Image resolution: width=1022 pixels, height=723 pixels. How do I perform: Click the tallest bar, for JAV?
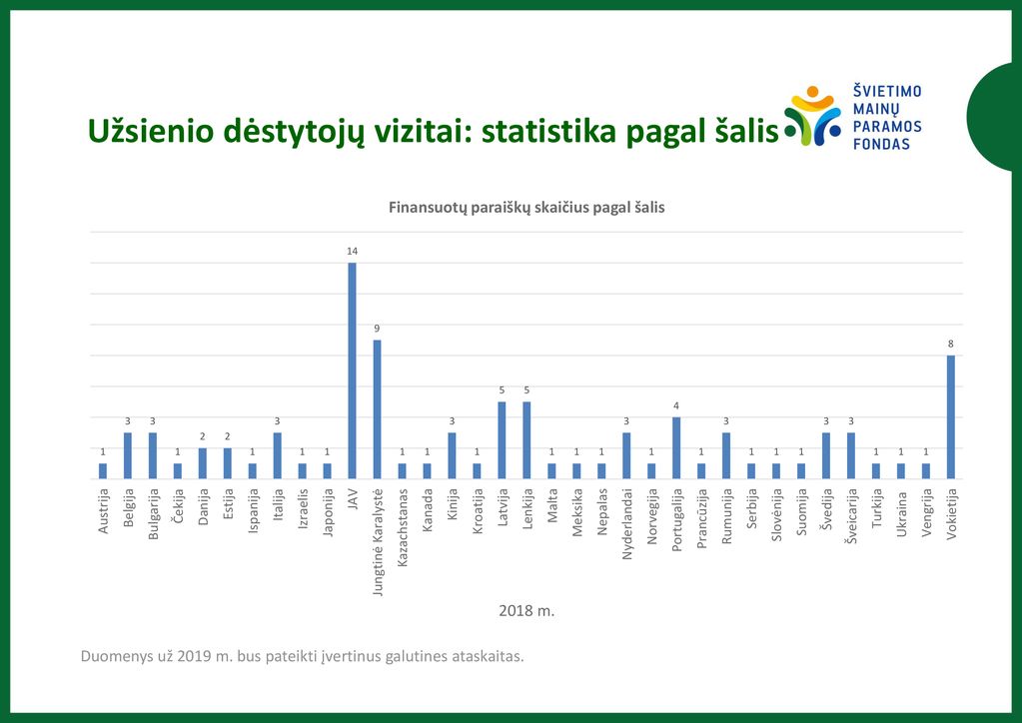pos(352,370)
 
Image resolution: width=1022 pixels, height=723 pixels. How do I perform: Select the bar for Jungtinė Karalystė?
pos(377,409)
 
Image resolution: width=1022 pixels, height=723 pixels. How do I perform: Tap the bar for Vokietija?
pos(951,417)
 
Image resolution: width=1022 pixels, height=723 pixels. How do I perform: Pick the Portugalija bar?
pos(676,448)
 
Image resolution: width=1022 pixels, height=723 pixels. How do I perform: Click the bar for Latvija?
pos(502,440)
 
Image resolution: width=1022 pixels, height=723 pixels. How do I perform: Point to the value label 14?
pos(352,252)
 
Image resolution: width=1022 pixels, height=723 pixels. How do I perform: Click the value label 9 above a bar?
pos(377,329)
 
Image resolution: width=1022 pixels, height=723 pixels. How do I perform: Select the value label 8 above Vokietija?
pos(951,344)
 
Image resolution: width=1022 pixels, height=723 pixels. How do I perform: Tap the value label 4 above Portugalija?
pos(676,405)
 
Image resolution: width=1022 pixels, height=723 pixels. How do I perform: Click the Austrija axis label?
pos(103,511)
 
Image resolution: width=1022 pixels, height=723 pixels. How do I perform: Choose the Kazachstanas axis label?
pos(403,527)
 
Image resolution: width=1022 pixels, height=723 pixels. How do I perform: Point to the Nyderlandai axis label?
pos(627,524)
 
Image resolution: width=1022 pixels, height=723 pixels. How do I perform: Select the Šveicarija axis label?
pos(851,516)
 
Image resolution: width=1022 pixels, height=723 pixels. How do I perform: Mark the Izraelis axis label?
pos(303,508)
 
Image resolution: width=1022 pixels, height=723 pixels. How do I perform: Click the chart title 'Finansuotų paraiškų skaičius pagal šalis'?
pos(526,208)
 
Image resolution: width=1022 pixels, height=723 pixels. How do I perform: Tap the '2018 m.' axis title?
pos(526,611)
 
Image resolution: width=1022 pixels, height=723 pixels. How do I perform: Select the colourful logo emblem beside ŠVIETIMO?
pos(812,116)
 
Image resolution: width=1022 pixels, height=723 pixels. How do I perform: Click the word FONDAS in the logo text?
pos(881,144)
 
